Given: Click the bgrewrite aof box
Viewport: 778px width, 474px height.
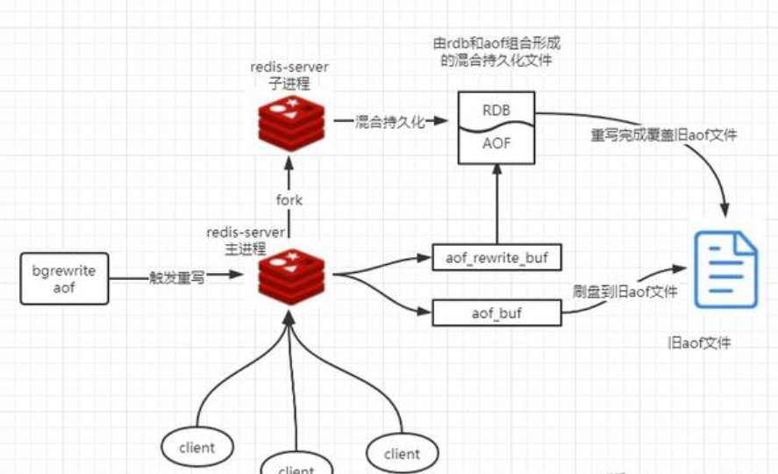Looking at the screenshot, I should (64, 278).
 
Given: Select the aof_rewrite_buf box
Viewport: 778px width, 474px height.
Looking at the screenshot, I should (496, 257).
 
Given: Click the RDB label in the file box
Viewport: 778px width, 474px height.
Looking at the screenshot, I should (496, 111).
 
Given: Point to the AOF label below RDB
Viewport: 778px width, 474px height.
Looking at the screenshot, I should (496, 144).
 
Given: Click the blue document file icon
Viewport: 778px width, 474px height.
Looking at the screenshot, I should (725, 269).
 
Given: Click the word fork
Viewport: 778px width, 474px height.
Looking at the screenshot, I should (289, 200).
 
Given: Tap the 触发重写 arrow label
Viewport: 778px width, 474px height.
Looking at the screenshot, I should (176, 277).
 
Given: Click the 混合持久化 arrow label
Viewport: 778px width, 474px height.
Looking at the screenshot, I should (389, 122).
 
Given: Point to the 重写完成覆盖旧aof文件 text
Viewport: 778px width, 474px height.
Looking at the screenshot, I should (664, 135).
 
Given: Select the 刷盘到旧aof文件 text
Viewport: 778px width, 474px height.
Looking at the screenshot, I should (625, 291).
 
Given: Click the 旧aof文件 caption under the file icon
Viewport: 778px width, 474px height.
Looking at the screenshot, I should (699, 343).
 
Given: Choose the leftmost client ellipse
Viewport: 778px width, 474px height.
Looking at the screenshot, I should (196, 448).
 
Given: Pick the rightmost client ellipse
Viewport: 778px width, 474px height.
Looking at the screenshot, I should (402, 453).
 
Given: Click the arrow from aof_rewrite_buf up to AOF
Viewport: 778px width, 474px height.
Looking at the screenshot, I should (496, 205).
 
